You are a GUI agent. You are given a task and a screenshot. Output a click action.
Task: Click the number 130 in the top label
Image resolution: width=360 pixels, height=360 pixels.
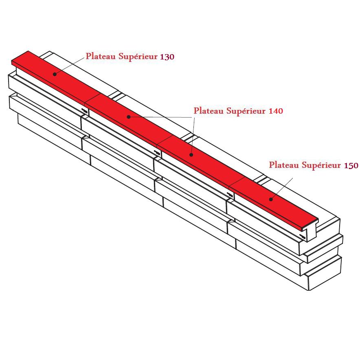point(167,57)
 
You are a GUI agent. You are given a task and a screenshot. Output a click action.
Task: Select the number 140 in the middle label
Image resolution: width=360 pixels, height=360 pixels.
point(276,111)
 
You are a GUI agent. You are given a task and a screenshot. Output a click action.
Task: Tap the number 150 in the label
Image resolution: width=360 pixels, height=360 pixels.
point(351,165)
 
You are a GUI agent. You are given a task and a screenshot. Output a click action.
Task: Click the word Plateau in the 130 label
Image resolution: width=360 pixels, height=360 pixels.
point(101,57)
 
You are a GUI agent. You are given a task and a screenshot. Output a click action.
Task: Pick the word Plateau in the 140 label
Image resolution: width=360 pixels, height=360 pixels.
point(209,110)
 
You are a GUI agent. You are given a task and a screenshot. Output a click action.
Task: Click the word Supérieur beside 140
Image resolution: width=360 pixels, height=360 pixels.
point(246,111)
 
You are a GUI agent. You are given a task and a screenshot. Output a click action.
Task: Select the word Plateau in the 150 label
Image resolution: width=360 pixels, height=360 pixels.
point(284,165)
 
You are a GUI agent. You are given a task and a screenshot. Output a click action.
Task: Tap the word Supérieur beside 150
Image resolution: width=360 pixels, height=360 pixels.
point(321,165)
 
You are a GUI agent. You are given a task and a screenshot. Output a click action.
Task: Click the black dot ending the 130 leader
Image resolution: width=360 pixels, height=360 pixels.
point(54,74)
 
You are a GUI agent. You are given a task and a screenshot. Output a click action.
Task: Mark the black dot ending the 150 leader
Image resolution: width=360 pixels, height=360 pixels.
point(271,199)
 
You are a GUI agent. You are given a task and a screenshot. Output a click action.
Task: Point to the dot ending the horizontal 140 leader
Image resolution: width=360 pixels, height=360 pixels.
point(128,117)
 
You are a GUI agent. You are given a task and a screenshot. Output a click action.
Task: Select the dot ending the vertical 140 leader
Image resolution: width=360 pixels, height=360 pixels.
point(191,155)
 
